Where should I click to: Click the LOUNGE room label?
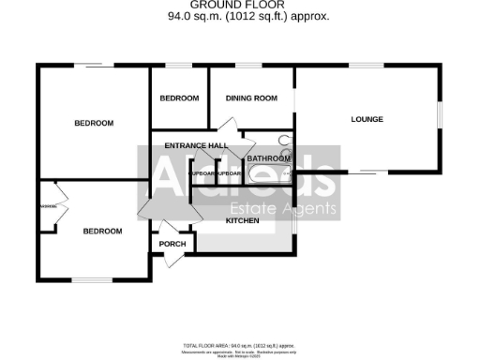pos(367,119)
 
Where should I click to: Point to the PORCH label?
pos(172,245)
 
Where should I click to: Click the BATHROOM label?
pos(266,159)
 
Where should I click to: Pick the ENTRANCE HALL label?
pos(196,145)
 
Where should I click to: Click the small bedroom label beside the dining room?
pos(179,98)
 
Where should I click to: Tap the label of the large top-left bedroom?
pos(94,123)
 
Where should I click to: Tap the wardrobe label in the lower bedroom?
pos(47,206)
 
